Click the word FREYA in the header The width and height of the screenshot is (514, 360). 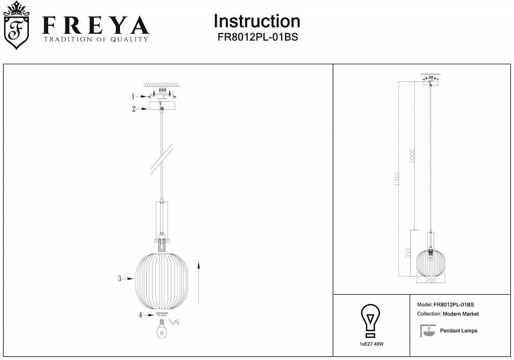[95, 25]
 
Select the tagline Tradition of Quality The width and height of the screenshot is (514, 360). [95, 40]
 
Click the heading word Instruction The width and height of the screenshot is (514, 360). [256, 21]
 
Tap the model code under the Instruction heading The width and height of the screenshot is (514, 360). [257, 37]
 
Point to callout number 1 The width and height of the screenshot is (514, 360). [133, 96]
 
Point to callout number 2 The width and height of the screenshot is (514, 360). [134, 109]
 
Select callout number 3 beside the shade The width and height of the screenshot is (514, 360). [120, 278]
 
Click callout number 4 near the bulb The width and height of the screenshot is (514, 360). [140, 315]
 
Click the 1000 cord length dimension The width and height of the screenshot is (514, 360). [412, 156]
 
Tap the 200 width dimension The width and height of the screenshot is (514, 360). [430, 280]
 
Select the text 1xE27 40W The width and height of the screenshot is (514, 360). [372, 344]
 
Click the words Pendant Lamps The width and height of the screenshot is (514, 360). [458, 331]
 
